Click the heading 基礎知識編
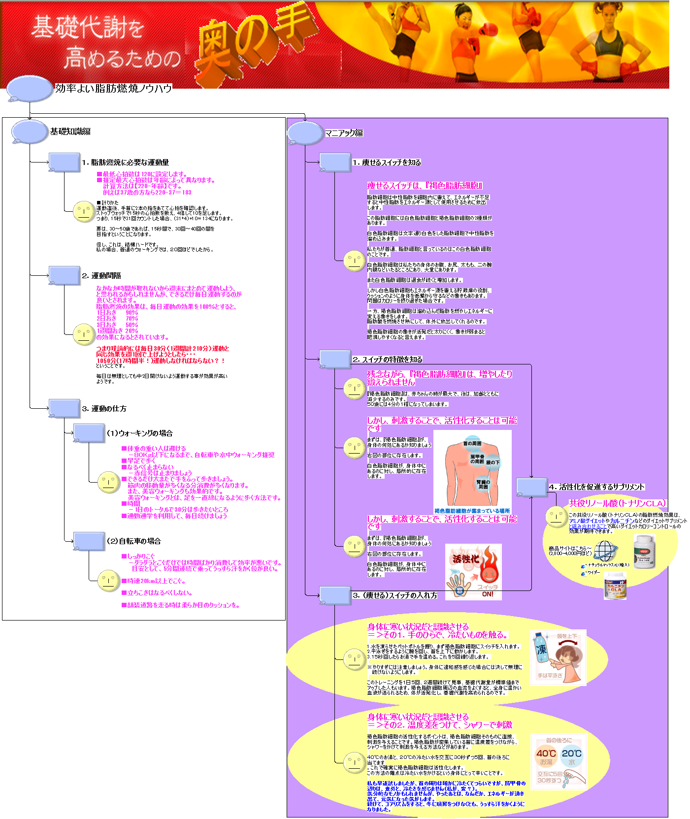point(70,131)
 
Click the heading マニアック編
point(344,133)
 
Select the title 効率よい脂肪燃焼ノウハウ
point(113,88)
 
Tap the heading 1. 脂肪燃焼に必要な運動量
point(125,162)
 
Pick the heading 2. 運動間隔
point(101,275)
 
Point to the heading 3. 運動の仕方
point(104,408)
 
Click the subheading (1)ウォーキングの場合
point(139,433)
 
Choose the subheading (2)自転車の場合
point(133,541)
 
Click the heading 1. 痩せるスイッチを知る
point(387,162)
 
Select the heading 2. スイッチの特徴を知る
point(387,360)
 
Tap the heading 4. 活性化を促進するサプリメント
point(596,487)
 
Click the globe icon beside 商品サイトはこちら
point(605,551)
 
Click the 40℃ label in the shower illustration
point(546,753)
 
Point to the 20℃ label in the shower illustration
point(571,753)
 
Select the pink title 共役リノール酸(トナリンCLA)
point(617,503)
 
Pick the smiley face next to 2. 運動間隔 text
point(84,334)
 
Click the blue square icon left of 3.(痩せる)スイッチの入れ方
point(335,595)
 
